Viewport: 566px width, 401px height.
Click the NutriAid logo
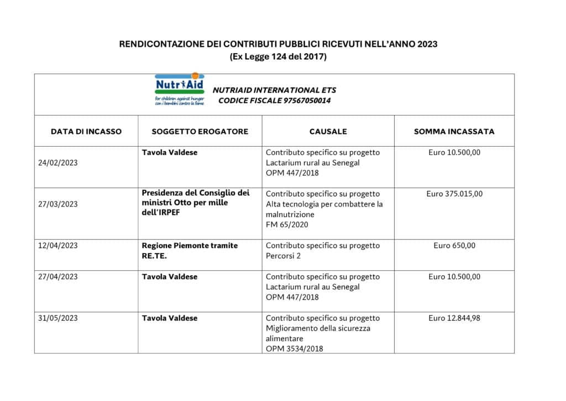179,89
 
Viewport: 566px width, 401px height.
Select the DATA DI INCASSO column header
86,132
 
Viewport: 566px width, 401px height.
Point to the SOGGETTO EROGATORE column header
200,132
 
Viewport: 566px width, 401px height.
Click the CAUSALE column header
328,132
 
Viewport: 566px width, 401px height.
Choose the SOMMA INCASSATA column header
454,132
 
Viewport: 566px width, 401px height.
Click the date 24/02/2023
58,163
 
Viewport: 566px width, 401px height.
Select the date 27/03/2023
58,204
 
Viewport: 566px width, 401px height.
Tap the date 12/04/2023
58,246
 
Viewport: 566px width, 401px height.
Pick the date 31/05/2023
58,318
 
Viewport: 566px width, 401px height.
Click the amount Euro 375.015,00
454,194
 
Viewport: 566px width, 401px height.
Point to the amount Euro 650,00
454,246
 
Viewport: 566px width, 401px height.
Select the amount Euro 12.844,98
454,318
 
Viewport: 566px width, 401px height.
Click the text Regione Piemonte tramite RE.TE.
190,251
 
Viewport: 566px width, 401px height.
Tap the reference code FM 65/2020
287,224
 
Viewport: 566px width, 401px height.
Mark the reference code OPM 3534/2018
295,348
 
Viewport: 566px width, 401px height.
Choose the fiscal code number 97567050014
307,100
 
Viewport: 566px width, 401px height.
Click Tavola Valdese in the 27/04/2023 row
170,277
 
